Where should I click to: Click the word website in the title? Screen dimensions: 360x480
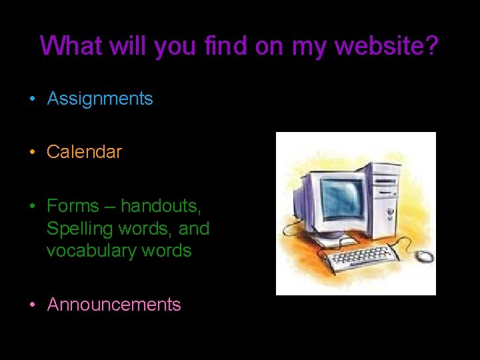[x=380, y=46]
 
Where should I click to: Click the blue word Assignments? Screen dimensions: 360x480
[x=100, y=99]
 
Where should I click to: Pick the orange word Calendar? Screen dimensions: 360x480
[x=84, y=152]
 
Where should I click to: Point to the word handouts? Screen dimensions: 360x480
[x=161, y=207]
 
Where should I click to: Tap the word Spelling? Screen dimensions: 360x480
[x=80, y=229]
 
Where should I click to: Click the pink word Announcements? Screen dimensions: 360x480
[x=114, y=305]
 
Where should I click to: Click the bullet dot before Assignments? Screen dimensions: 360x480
[x=32, y=100]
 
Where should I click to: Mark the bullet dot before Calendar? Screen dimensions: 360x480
[x=32, y=153]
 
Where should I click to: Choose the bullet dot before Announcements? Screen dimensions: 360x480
[x=32, y=305]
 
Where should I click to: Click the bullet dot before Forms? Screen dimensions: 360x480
[x=32, y=207]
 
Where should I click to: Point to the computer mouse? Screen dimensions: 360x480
[x=423, y=256]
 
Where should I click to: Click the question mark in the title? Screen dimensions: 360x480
[x=432, y=46]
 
